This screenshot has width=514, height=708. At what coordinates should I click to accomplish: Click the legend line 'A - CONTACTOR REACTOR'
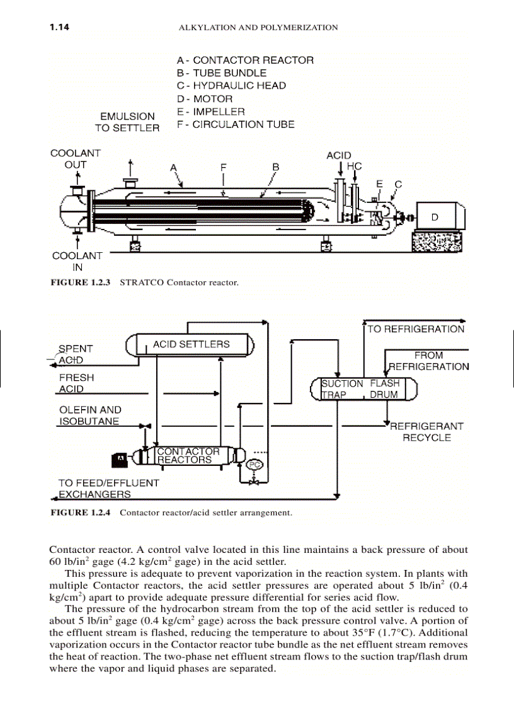pyautogui.click(x=245, y=61)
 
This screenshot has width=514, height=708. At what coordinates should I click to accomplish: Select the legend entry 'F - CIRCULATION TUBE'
pyautogui.click(x=236, y=125)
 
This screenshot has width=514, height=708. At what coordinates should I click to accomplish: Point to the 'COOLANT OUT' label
pyautogui.click(x=75, y=159)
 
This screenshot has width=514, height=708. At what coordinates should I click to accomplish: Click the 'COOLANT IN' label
pyautogui.click(x=77, y=261)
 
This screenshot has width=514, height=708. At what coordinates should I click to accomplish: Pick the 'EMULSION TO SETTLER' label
pyautogui.click(x=127, y=122)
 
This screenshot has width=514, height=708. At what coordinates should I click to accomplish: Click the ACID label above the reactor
pyautogui.click(x=338, y=155)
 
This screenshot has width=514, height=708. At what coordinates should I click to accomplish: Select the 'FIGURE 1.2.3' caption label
pyautogui.click(x=80, y=282)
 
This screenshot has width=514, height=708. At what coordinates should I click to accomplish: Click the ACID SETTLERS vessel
pyautogui.click(x=191, y=345)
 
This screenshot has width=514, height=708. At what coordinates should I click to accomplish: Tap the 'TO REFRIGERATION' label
pyautogui.click(x=416, y=329)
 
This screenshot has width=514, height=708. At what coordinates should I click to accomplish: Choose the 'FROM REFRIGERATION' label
pyautogui.click(x=429, y=361)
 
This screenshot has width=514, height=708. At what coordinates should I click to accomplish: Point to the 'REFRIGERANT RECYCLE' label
pyautogui.click(x=427, y=432)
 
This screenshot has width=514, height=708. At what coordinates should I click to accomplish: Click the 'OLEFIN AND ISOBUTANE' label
pyautogui.click(x=90, y=415)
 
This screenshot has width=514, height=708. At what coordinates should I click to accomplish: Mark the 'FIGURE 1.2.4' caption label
pyautogui.click(x=80, y=513)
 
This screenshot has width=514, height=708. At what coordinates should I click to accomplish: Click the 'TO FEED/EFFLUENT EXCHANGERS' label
pyautogui.click(x=108, y=489)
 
